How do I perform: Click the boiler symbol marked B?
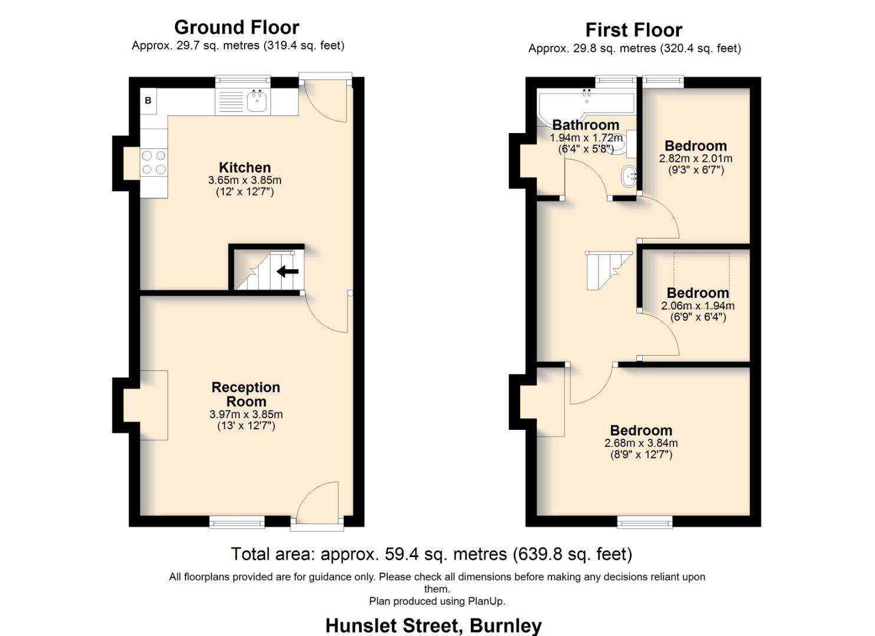(148, 100)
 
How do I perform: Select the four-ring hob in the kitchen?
(154, 163)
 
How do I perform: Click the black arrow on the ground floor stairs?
(288, 271)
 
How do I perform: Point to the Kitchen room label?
(245, 167)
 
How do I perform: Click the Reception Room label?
(246, 394)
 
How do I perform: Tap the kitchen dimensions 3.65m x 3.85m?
(245, 180)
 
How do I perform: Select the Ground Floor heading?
(236, 27)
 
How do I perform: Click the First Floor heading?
(633, 29)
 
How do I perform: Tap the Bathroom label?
(585, 125)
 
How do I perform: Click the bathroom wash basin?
(629, 175)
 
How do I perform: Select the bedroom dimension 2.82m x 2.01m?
(695, 158)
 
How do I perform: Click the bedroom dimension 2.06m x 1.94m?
(698, 306)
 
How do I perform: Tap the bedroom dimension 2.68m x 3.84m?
(640, 443)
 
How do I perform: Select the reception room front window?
(237, 521)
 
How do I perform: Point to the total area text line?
(431, 554)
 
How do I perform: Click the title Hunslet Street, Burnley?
(433, 625)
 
